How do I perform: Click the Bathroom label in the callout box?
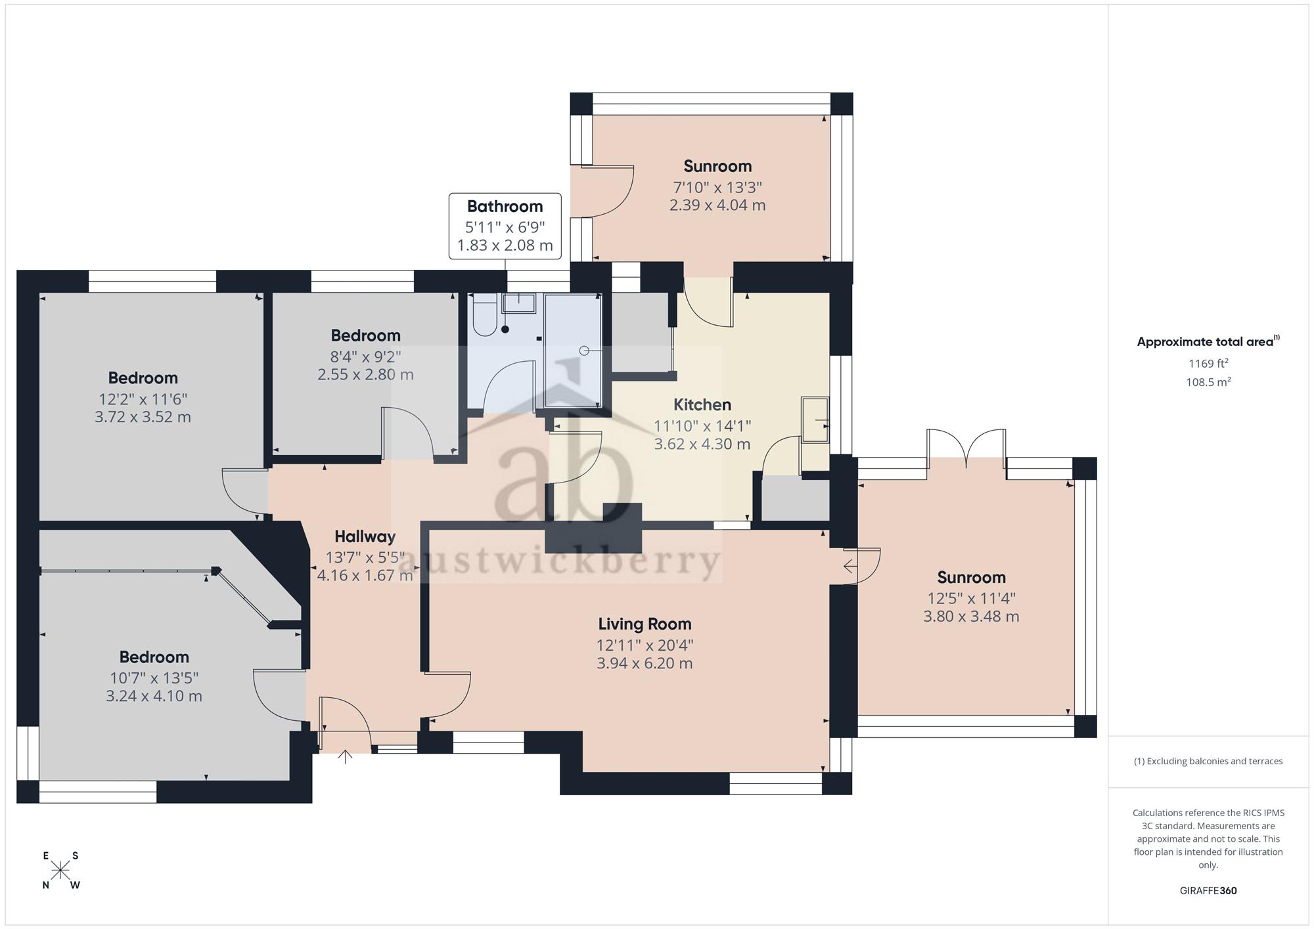[505, 206]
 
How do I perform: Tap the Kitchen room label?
[702, 404]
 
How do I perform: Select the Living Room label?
[645, 624]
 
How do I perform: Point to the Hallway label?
[365, 536]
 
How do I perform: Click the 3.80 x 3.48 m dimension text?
[971, 616]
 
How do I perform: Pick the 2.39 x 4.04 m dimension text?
[717, 205]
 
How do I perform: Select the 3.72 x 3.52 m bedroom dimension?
[143, 417]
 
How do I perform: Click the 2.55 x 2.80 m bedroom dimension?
[365, 374]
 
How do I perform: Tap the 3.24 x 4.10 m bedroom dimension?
[154, 696]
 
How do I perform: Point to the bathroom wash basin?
[519, 303]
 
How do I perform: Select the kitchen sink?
[815, 419]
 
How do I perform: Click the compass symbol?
[60, 871]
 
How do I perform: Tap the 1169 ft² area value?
[1208, 363]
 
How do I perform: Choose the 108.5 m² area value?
[1208, 381]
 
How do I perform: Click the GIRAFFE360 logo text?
[1208, 891]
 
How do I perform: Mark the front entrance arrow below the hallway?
[345, 757]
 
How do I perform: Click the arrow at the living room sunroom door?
[850, 565]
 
